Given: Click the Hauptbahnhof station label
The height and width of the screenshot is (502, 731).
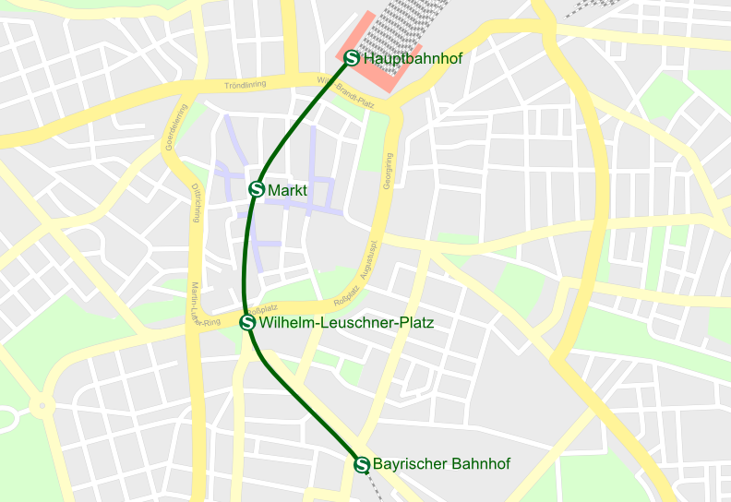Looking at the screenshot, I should [413, 58].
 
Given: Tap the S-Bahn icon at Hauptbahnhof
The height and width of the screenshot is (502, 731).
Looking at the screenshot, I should [352, 58].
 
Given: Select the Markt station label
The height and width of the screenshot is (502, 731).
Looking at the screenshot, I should [287, 190].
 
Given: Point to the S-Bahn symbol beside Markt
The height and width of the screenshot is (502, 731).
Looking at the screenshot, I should [258, 189].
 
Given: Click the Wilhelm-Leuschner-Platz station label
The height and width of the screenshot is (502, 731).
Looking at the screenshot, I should [346, 323].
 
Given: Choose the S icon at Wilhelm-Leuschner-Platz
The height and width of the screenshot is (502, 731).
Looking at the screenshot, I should [247, 322].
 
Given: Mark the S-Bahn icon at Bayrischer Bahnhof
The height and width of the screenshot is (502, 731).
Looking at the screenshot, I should [362, 464].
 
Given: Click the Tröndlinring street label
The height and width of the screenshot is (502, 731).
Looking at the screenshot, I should [245, 85].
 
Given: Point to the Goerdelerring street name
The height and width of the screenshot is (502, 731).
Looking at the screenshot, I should [172, 125].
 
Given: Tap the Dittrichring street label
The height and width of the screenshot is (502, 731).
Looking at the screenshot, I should [196, 203].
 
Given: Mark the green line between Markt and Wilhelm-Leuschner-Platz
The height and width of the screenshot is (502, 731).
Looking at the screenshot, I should [246, 258].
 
